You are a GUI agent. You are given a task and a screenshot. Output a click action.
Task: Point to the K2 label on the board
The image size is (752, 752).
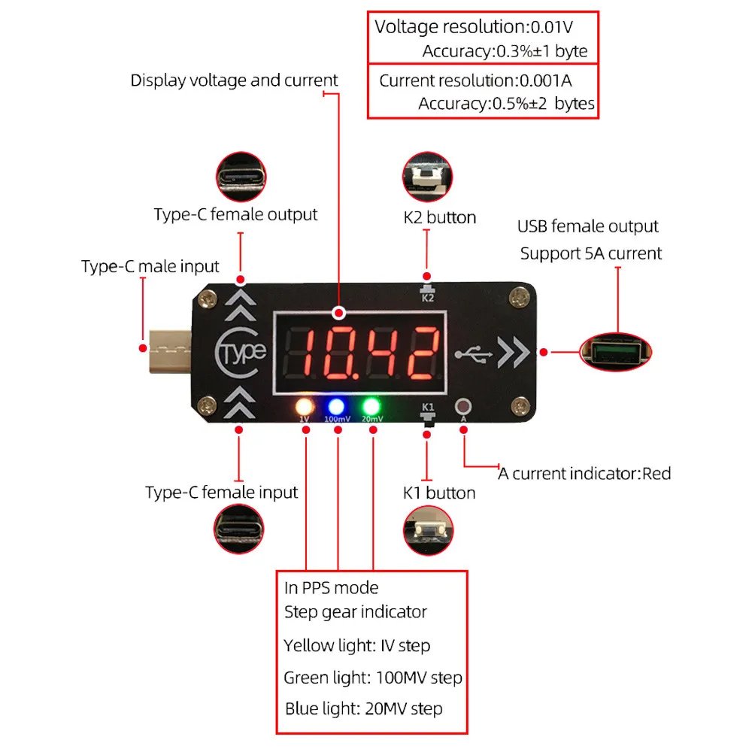pyautogui.click(x=427, y=298)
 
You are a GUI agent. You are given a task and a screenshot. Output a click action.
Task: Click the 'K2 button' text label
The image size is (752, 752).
pyautogui.click(x=440, y=218)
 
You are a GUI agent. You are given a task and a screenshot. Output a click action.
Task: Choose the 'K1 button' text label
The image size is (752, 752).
pyautogui.click(x=439, y=493)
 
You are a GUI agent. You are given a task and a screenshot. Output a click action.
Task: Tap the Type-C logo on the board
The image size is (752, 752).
pyautogui.click(x=241, y=351)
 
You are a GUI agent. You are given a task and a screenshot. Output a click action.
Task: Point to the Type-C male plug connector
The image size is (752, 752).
pyautogui.click(x=171, y=349)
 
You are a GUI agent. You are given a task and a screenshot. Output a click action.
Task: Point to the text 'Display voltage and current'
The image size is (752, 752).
pyautogui.click(x=235, y=81)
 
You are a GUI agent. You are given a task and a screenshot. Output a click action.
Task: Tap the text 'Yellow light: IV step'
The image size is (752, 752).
pyautogui.click(x=357, y=646)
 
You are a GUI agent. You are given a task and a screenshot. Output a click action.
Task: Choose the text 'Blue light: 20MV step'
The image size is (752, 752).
pyautogui.click(x=364, y=709)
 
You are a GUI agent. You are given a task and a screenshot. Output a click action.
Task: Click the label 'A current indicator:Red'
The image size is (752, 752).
pyautogui.click(x=584, y=474)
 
